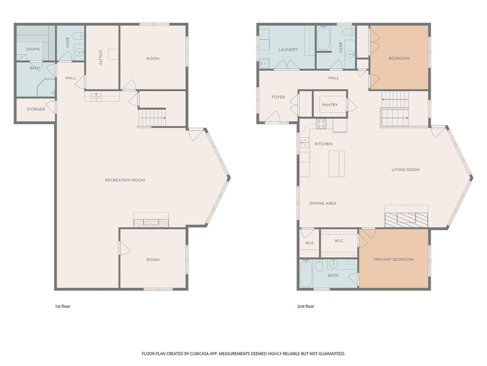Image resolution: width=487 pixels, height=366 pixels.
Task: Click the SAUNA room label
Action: tap(33, 49)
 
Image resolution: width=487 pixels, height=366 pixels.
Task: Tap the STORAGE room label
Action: tap(36, 109)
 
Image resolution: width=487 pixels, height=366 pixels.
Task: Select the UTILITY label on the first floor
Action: tap(100, 57)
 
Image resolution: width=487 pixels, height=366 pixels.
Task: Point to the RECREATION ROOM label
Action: tap(125, 180)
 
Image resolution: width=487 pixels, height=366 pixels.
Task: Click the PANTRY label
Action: tap(330, 105)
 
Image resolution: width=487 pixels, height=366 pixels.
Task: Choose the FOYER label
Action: tap(278, 97)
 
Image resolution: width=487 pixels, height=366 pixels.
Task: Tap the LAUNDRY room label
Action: tap(288, 50)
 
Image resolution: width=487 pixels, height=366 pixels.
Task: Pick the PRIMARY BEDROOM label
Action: tap(394, 259)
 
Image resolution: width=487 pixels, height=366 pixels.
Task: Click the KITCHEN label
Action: tap(323, 144)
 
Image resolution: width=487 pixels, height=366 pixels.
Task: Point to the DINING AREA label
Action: tap(323, 203)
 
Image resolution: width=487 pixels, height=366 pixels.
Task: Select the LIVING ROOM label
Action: tap(405, 170)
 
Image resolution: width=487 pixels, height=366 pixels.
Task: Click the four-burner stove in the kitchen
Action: tap(321, 124)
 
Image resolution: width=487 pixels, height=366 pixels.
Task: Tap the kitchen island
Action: tap(336, 164)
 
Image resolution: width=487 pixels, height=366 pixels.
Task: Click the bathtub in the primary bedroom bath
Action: tap(306, 273)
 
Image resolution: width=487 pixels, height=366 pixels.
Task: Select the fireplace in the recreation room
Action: tap(151, 223)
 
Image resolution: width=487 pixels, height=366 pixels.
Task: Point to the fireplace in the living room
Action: tap(406, 220)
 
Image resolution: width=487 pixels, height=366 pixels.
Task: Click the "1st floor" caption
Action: tap(62, 306)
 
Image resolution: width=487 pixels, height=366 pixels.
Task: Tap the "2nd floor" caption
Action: tap(305, 306)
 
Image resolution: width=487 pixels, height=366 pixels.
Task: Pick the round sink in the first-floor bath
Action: tap(79, 53)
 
